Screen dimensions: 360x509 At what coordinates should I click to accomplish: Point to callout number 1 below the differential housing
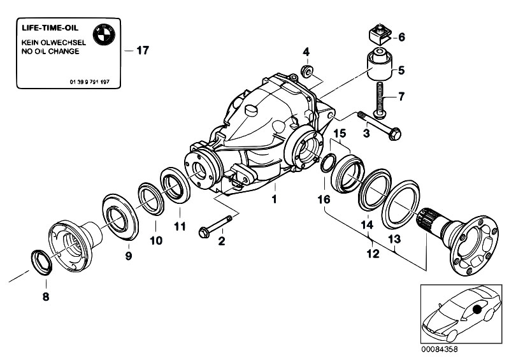point(274,200)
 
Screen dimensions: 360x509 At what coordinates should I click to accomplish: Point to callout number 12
point(372,254)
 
